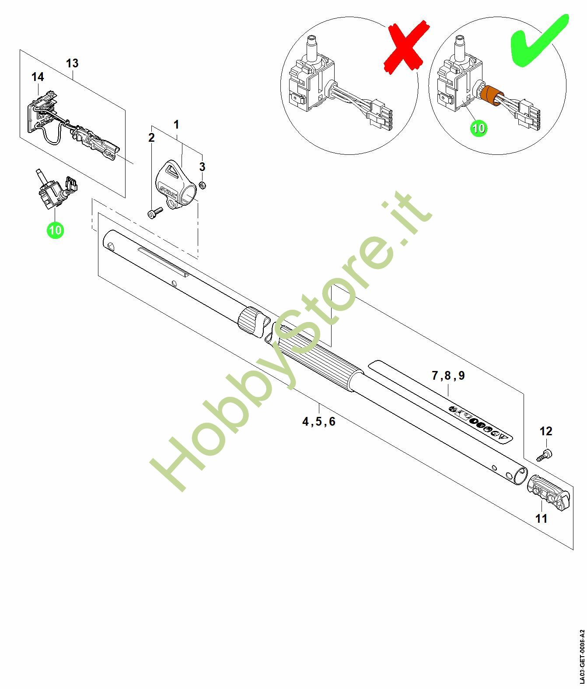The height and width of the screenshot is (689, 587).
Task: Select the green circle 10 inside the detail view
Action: [x=479, y=128]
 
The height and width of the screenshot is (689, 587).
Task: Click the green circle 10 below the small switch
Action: [x=56, y=230]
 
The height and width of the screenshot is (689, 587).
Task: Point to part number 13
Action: [x=72, y=63]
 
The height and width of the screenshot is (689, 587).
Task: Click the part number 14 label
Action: [x=38, y=77]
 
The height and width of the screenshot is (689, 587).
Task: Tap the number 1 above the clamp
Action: [x=176, y=125]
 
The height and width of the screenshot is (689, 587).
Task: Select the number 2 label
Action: [x=151, y=137]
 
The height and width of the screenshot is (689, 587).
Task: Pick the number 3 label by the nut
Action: [x=203, y=167]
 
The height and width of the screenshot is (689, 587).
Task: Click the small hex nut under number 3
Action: [x=202, y=185]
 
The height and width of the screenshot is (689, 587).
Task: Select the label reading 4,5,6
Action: [x=319, y=422]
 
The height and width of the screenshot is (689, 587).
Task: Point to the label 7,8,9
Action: [x=448, y=376]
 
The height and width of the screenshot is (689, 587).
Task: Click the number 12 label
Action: [x=546, y=431]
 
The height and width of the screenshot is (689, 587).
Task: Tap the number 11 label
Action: [x=541, y=519]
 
